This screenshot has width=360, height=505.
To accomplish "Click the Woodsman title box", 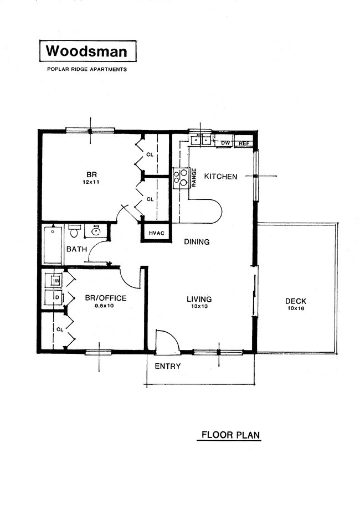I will click(x=86, y=51).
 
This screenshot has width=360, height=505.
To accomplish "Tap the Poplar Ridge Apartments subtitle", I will click(x=86, y=70).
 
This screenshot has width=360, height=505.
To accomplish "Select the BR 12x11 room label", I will click(x=91, y=177).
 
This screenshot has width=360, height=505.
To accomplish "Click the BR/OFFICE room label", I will click(x=105, y=301).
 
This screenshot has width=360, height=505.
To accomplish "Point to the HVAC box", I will click(x=156, y=233).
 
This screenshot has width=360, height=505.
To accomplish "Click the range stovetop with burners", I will click(x=181, y=177).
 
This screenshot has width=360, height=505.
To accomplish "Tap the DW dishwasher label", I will click(x=225, y=143).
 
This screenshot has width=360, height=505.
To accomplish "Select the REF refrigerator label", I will click(x=244, y=143).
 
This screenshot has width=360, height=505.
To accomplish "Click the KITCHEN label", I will click(x=221, y=177).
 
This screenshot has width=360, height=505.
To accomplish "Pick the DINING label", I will click(x=197, y=242).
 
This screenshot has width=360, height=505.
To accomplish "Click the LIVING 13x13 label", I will click(x=199, y=302).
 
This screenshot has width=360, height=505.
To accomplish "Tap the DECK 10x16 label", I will click(x=295, y=304).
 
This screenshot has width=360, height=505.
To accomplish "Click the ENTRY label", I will click(x=167, y=366).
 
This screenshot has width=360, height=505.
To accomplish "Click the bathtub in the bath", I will click(x=53, y=244).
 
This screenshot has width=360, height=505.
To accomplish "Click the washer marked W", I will click(x=55, y=281).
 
